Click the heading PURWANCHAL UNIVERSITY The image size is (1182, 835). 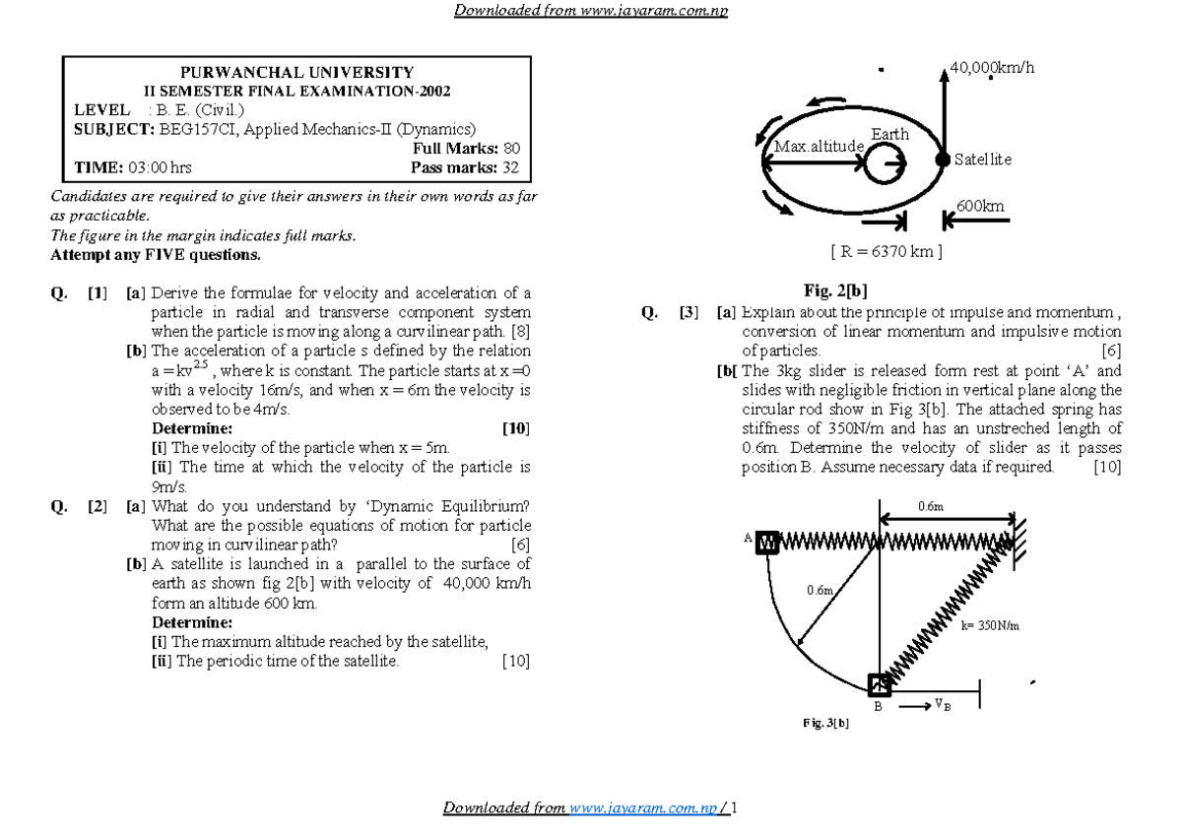point(297,73)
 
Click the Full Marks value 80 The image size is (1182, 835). point(511,149)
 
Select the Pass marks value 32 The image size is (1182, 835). point(510,167)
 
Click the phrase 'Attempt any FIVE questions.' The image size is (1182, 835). point(156,255)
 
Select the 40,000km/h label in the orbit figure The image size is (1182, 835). point(993,68)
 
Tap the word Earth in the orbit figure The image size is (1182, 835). point(889,134)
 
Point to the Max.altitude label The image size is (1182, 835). point(820,147)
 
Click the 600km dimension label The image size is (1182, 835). point(980,206)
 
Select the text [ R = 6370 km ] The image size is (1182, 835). point(886,251)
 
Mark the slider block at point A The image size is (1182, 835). point(768,541)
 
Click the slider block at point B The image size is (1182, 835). point(879,683)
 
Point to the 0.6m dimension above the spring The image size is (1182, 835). point(931,505)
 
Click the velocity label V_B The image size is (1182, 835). point(943,704)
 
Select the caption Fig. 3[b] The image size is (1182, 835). point(825,724)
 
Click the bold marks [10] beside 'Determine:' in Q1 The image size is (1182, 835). point(515,428)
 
